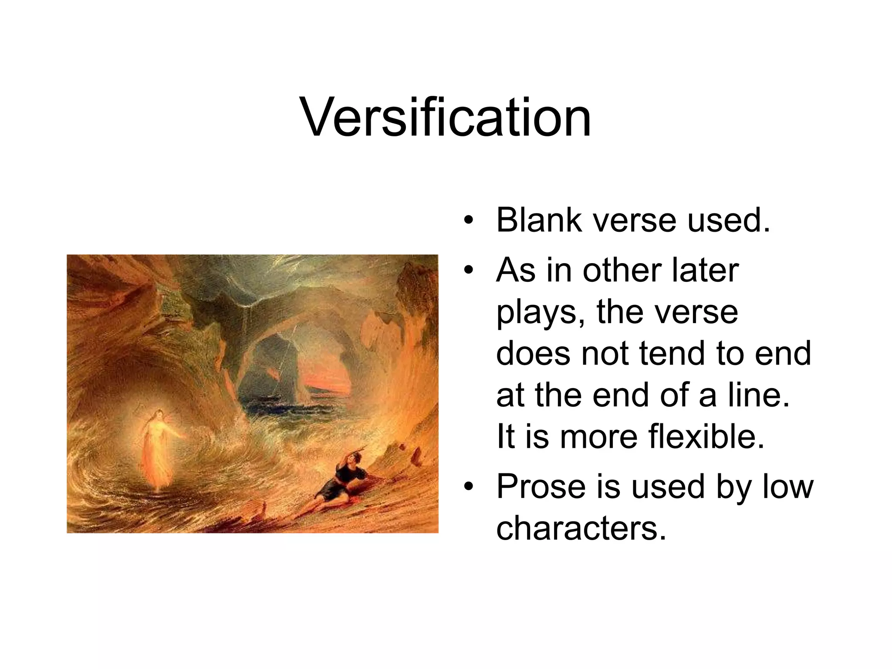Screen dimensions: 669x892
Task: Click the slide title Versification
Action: (x=446, y=118)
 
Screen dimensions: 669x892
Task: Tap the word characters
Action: (x=581, y=528)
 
